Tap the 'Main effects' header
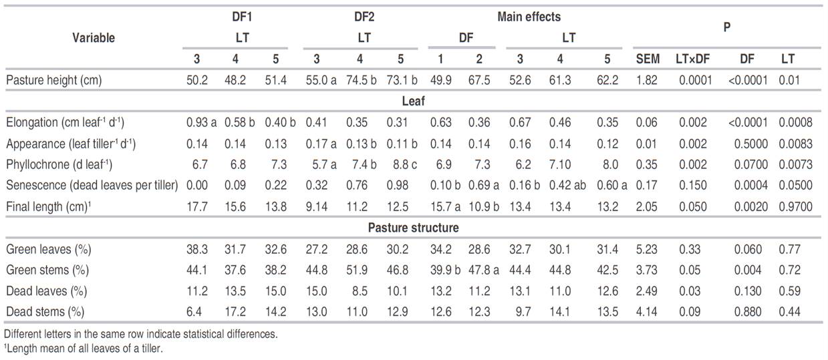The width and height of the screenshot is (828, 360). click(x=529, y=17)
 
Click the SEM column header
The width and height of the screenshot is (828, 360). click(x=647, y=59)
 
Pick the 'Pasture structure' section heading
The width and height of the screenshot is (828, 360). click(x=413, y=228)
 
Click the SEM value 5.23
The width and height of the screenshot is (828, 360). click(x=647, y=249)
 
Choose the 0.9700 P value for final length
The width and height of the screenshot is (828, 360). click(x=795, y=206)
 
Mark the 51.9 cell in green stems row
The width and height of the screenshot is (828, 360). click(x=359, y=270)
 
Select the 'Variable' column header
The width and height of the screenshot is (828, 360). click(x=93, y=37)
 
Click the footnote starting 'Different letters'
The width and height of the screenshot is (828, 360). click(x=140, y=333)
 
